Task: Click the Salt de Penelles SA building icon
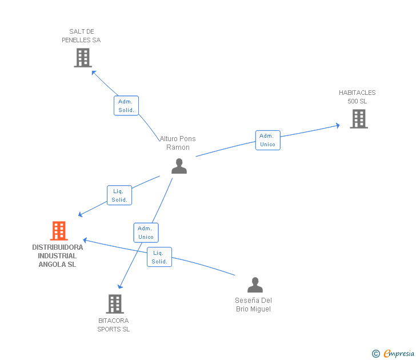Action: (83, 58)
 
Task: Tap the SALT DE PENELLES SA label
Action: (81, 36)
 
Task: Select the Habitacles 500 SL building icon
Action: (358, 119)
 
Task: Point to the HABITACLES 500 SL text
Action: (357, 97)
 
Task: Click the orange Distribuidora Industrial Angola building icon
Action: (59, 231)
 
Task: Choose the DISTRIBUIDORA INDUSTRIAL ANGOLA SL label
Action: (57, 256)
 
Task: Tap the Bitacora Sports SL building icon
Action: (115, 304)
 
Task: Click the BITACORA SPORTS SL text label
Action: (113, 325)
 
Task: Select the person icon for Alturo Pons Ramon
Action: (179, 166)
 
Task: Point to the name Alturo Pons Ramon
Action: (178, 143)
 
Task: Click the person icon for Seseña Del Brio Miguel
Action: (255, 285)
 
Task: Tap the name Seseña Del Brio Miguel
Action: (253, 305)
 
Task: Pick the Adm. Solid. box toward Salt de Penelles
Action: (126, 106)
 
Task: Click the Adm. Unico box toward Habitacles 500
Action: (267, 140)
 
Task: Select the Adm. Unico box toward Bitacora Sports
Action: (146, 233)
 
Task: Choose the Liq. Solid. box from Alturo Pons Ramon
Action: (119, 195)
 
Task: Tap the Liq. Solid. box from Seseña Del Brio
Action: (159, 257)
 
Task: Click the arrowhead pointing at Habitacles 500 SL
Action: (338, 125)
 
